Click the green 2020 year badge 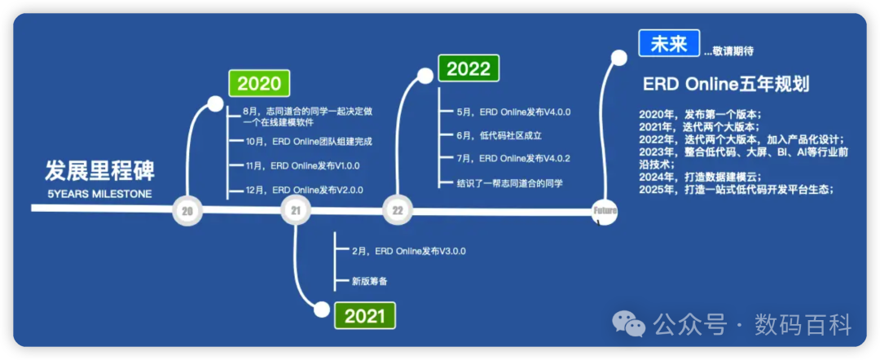pos(258,83)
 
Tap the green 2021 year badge pos(364,315)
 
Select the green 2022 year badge pos(469,67)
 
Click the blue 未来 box pos(669,44)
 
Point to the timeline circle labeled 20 pos(187,212)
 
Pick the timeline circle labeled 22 pos(397,212)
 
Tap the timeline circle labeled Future pos(605,212)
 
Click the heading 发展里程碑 pos(99,172)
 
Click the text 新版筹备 pos(369,281)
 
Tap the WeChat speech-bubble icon pos(629,324)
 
